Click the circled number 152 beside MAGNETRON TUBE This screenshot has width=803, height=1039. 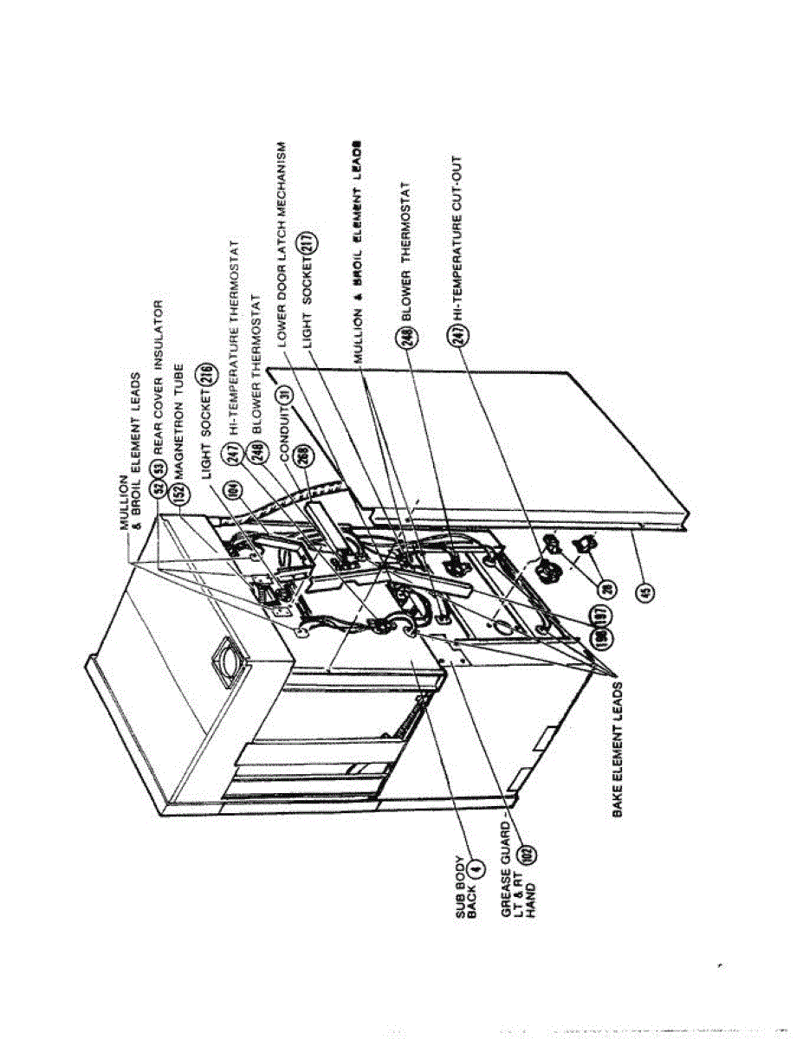(180, 492)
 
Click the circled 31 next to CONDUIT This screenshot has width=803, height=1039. (282, 395)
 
